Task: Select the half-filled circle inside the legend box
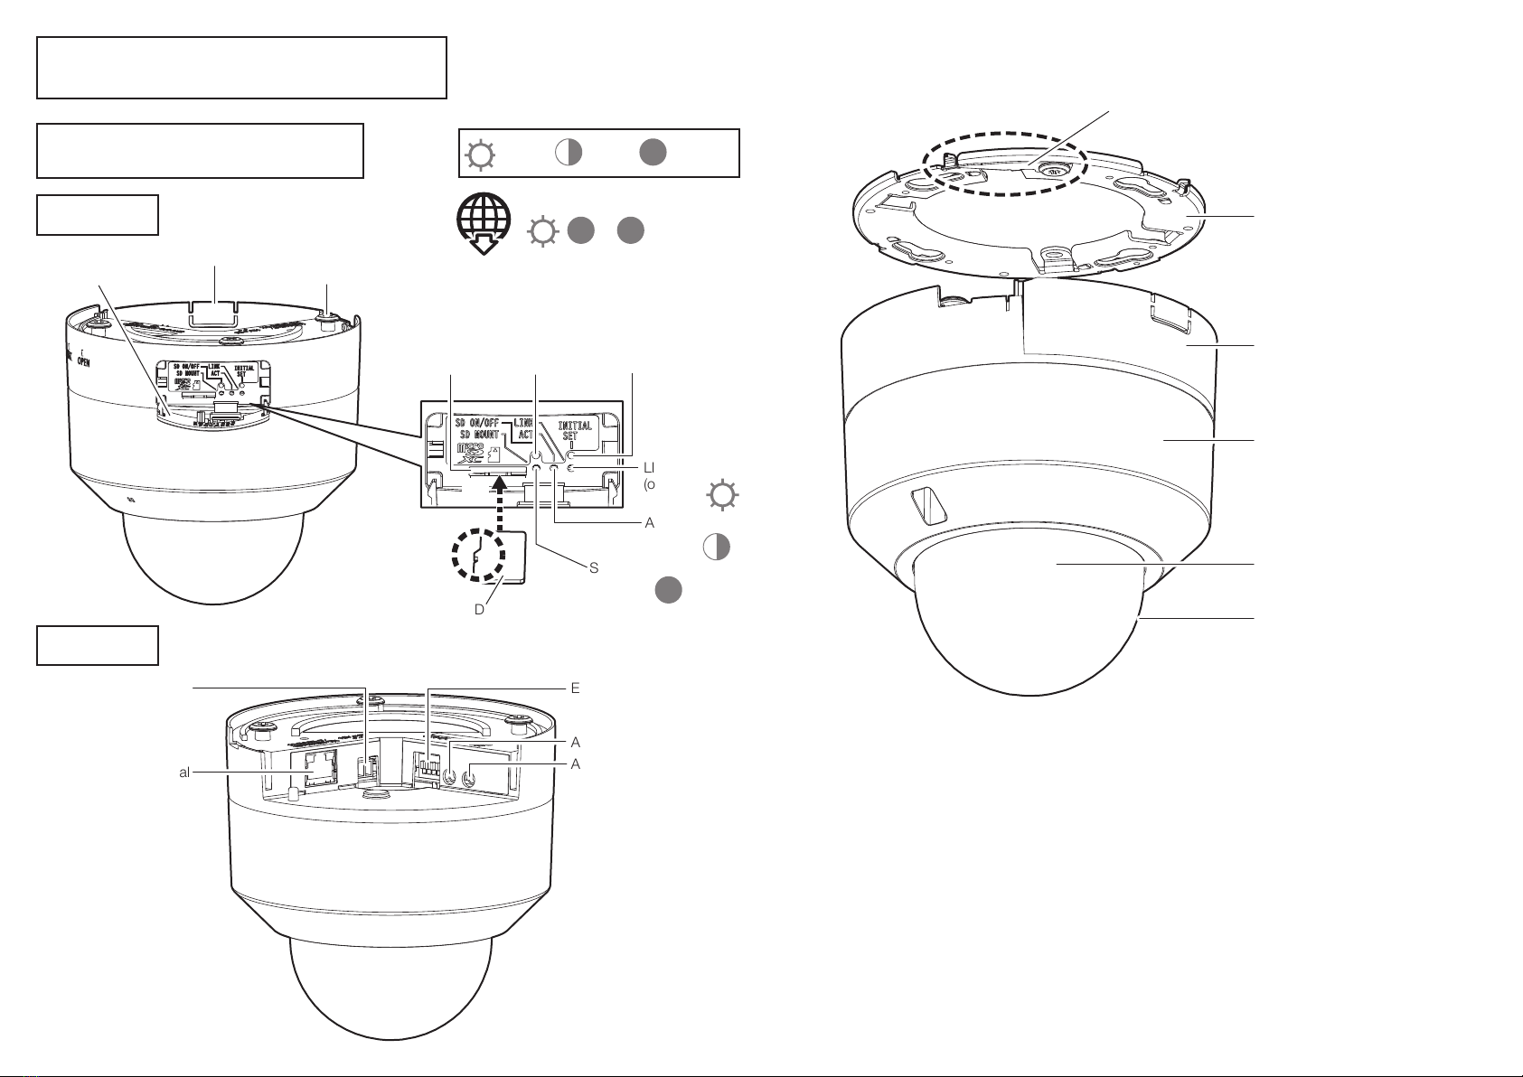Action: [x=567, y=153]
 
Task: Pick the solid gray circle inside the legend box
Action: [x=653, y=153]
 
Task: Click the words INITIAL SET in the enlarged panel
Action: [x=576, y=431]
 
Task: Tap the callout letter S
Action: [x=594, y=568]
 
